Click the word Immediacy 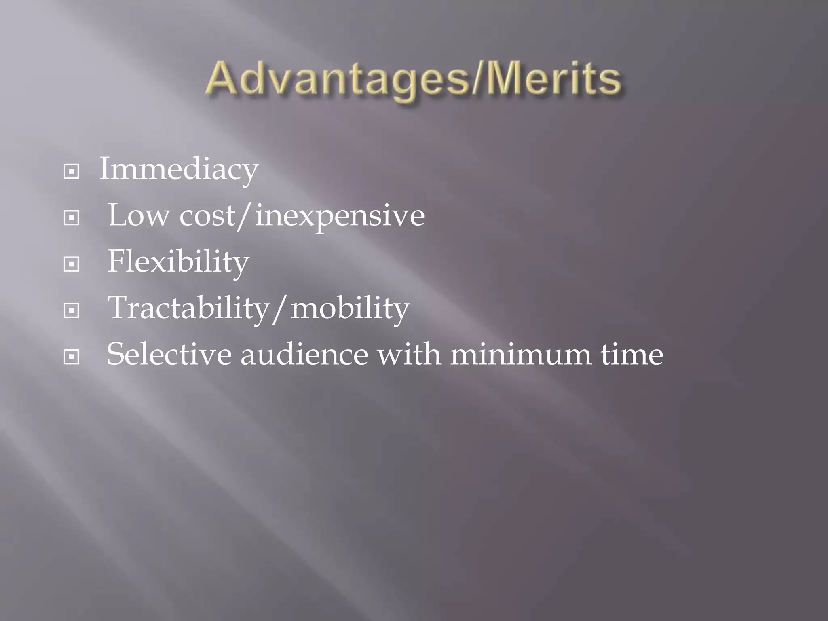[179, 169]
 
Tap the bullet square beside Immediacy [72, 172]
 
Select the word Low [139, 215]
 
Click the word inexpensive [340, 216]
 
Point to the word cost [207, 216]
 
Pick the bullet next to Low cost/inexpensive [72, 218]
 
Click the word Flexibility [178, 262]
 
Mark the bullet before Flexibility [72, 264]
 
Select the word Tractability [188, 308]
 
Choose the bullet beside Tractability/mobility [72, 311]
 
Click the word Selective [169, 354]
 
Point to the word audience [304, 354]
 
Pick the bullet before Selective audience [72, 357]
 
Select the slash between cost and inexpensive [244, 217]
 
